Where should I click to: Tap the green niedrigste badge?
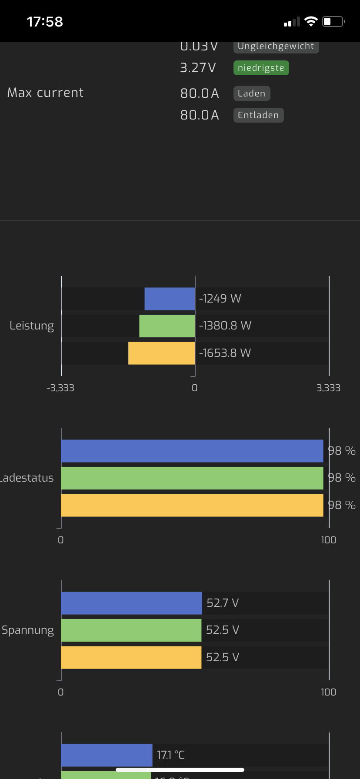pos(261,68)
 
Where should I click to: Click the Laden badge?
pos(252,93)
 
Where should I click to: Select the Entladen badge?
pos(258,115)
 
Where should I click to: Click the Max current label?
pos(45,93)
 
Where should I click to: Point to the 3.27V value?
pos(198,68)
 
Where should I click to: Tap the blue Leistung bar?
pos(170,299)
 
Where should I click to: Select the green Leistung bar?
pos(167,326)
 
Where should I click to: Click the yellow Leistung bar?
pos(161,353)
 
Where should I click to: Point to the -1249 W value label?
pos(220,299)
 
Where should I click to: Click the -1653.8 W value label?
pos(225,353)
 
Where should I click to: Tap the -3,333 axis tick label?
pos(60,388)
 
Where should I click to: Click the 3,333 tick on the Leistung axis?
pos(328,388)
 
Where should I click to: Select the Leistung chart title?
pos(32,326)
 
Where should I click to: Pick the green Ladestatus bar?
pos(192,478)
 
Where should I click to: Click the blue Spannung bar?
pos(131,603)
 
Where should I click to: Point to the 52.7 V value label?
pos(223,603)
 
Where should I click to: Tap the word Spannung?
pos(28,630)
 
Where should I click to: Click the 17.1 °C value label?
pos(171,755)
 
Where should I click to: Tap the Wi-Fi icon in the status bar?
pos(311,22)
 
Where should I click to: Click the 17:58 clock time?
pos(45,22)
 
